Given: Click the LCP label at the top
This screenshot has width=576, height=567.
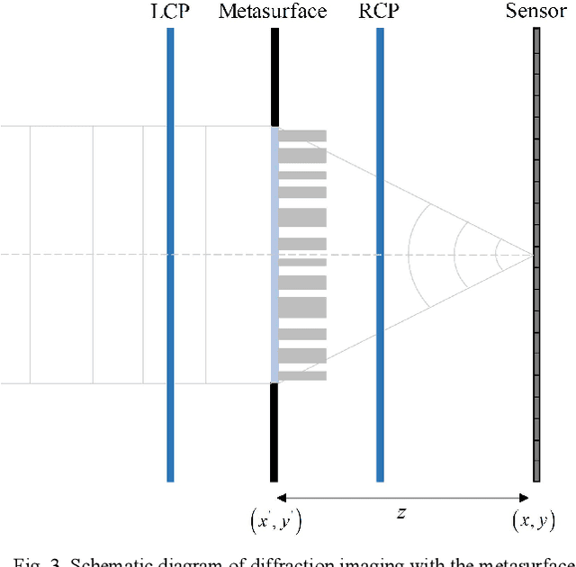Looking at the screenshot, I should pos(169,12).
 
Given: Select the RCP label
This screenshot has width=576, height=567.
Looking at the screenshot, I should pos(380,12).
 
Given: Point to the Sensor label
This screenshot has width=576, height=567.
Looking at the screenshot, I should pos(535,12).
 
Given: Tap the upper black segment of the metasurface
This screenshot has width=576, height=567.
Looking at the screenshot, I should pos(274,76).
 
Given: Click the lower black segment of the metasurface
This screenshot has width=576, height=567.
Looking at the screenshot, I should pos(274,432).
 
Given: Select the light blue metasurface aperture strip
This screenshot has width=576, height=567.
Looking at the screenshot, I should pos(274,255).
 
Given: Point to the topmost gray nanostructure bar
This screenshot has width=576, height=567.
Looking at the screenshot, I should pos(302,135).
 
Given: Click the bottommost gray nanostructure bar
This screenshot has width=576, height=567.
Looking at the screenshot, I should pos(302,374).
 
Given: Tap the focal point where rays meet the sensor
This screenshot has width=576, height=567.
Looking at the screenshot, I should pos(533,255).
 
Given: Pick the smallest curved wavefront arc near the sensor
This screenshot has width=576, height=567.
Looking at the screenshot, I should pos(496,255).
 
